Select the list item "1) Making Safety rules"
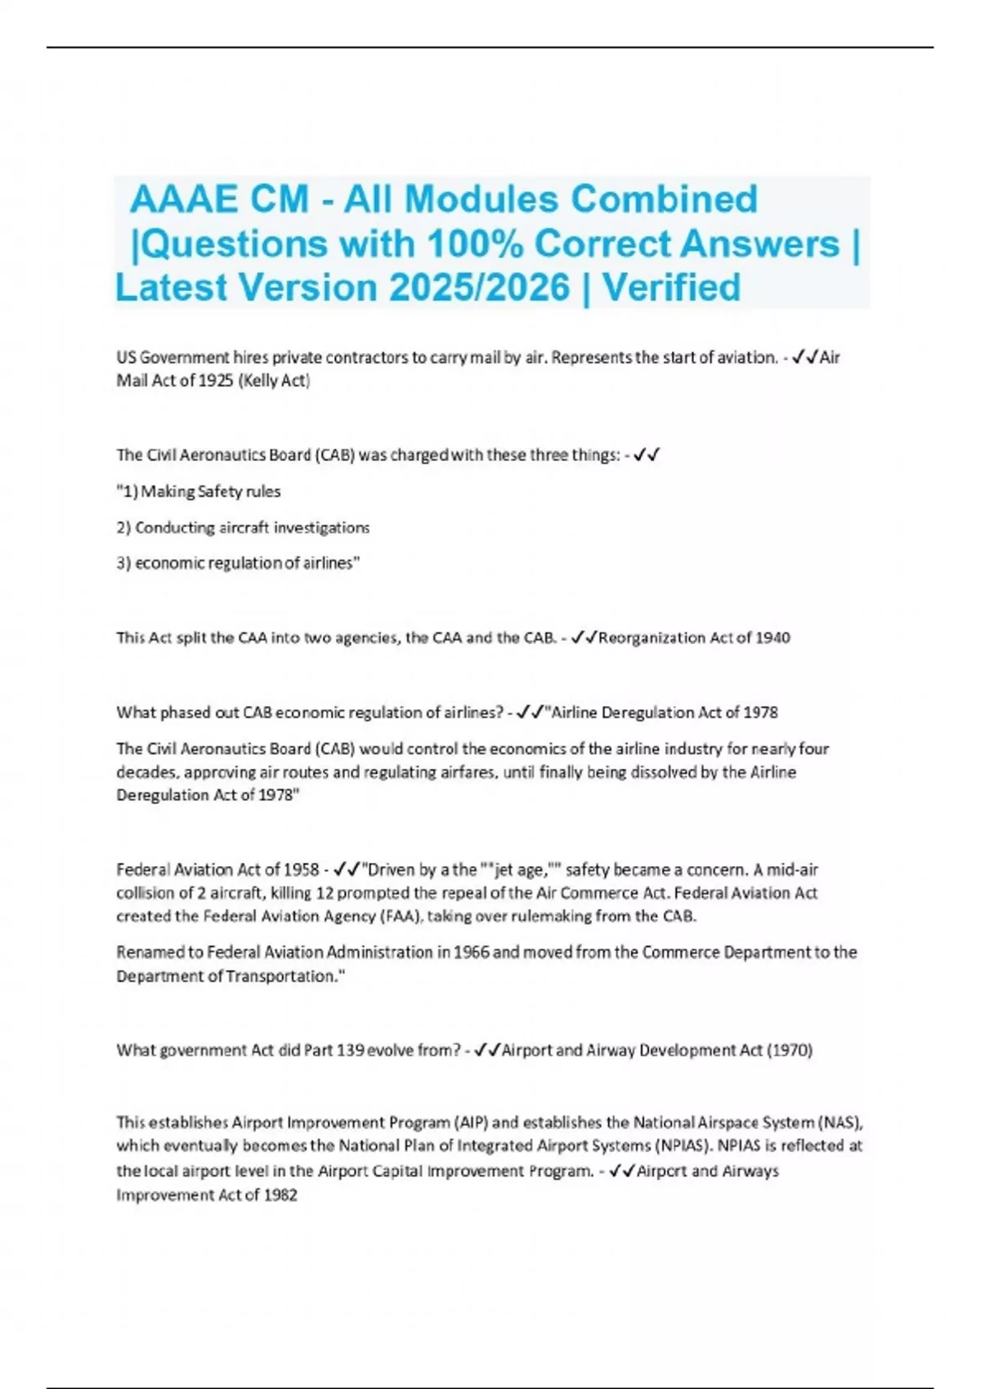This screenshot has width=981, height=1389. point(199,492)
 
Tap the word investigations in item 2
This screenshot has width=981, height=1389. point(321,528)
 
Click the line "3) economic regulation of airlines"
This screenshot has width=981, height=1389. point(238,564)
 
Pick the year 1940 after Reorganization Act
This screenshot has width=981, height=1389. point(773,638)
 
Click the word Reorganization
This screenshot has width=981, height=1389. point(651,638)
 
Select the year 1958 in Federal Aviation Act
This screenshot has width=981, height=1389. point(301,870)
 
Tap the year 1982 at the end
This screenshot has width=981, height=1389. point(280,1195)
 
